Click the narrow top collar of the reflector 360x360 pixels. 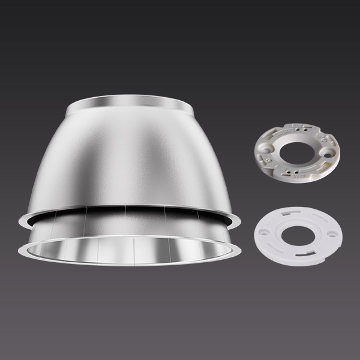pos(129,108)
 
